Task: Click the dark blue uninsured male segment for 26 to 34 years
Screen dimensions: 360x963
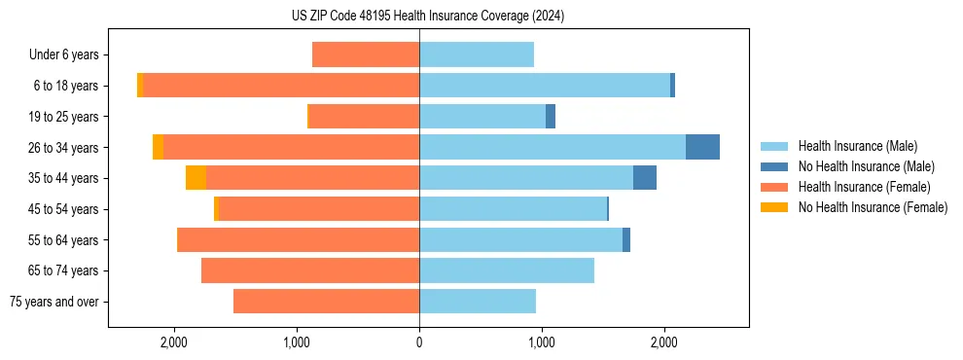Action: [x=702, y=147]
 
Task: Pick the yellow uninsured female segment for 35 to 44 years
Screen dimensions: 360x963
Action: [x=196, y=178]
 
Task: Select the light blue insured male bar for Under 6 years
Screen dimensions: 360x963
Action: [x=477, y=54]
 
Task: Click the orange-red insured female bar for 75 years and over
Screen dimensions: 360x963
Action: [x=326, y=302]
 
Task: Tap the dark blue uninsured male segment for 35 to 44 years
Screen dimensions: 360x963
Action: [x=645, y=178]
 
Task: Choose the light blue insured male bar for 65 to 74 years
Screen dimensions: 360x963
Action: [x=506, y=270]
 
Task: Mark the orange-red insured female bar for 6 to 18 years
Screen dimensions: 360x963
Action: [x=281, y=86]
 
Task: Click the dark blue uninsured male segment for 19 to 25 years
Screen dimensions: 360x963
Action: [x=551, y=117]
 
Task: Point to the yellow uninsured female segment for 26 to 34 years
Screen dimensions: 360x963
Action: [x=158, y=147]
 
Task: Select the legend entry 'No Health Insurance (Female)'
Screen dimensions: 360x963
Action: [x=873, y=207]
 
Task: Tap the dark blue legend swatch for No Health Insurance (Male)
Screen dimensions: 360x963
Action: [x=774, y=166]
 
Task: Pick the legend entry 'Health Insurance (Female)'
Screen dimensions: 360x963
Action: [x=864, y=187]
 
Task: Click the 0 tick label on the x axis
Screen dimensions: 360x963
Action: [x=419, y=342]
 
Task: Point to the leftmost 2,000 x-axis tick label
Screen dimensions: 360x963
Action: [x=174, y=342]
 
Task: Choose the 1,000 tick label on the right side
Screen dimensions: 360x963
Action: [x=542, y=342]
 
